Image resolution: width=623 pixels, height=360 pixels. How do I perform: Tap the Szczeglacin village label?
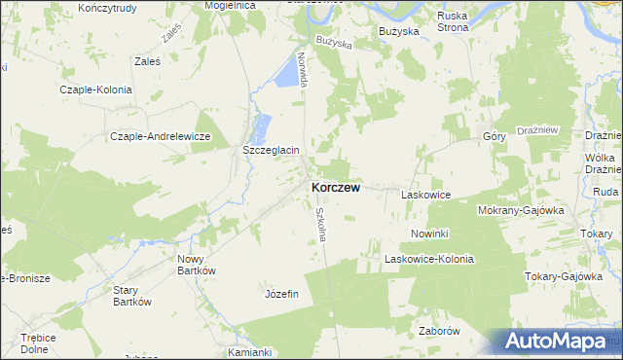tap(270, 151)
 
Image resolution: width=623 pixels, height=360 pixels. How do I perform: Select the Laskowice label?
tap(425, 196)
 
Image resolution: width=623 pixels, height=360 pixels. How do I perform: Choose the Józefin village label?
tap(281, 293)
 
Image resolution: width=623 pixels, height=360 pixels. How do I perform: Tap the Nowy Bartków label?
tap(196, 265)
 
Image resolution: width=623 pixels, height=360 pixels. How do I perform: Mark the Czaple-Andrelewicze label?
tap(161, 136)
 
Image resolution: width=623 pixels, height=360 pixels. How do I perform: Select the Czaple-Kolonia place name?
tap(95, 89)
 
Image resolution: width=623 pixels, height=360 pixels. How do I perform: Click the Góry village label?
tap(494, 137)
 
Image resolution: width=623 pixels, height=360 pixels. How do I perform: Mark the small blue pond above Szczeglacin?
tap(262, 126)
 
